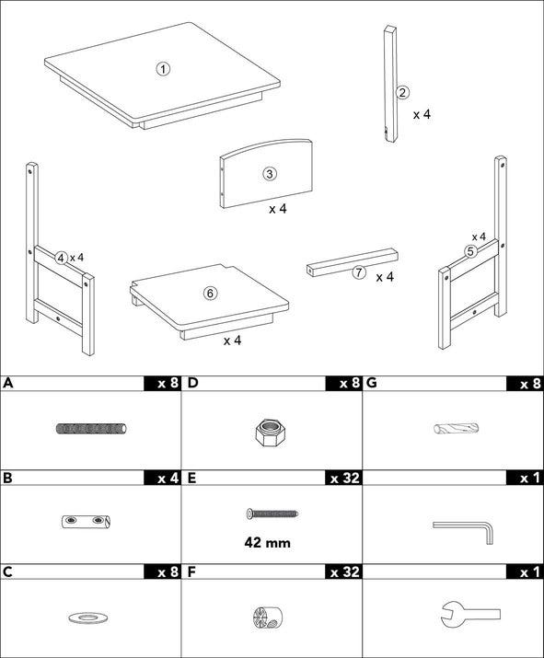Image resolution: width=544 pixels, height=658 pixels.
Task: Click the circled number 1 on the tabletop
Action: [x=163, y=69]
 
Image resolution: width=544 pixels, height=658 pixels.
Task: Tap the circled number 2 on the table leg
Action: [x=402, y=92]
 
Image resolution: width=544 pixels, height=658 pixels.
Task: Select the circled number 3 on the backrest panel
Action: [x=269, y=173]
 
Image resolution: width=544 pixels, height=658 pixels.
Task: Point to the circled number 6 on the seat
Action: [x=210, y=293]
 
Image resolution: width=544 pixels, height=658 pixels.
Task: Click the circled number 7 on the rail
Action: [x=358, y=272]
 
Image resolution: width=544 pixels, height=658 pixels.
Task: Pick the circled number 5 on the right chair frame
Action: [x=470, y=251]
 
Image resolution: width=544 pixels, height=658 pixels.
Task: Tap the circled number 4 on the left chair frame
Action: [x=62, y=258]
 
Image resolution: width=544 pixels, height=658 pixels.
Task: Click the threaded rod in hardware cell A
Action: [x=91, y=429]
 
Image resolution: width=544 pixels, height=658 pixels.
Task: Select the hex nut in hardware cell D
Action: [x=267, y=433]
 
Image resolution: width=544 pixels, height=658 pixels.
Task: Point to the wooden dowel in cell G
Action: [x=456, y=429]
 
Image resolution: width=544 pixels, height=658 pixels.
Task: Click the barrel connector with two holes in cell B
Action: [x=87, y=521]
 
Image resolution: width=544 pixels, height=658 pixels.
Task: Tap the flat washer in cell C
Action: [x=87, y=618]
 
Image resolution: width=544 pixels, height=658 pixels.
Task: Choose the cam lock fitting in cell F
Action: [x=268, y=617]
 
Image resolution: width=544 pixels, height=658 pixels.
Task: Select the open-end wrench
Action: [x=469, y=615]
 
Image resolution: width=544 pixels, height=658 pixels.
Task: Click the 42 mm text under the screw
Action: [x=267, y=543]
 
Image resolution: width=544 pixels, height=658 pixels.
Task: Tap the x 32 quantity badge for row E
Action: [x=344, y=478]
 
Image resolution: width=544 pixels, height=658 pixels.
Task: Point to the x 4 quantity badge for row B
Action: [x=163, y=478]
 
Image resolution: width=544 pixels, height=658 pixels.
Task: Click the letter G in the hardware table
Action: [x=372, y=383]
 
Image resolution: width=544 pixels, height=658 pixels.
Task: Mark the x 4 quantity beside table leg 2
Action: [x=422, y=114]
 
